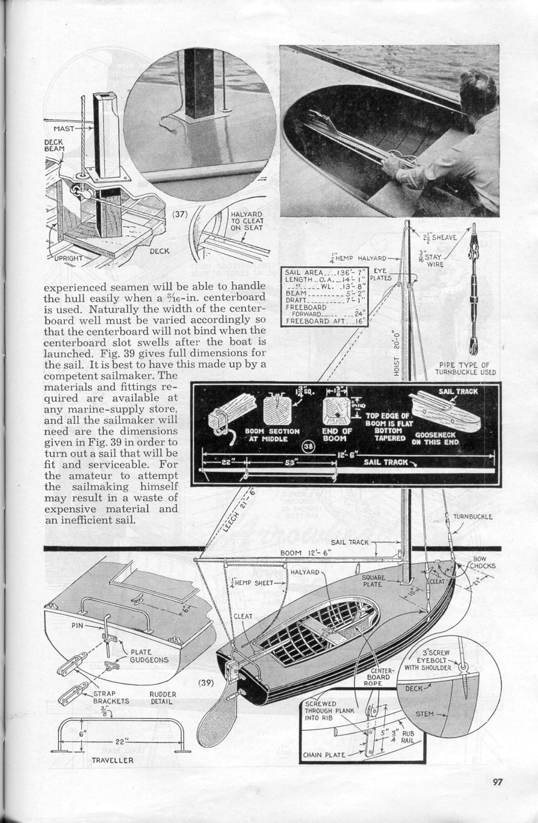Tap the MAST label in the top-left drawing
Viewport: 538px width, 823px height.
click(64, 129)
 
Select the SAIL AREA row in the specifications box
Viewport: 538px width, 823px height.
click(324, 272)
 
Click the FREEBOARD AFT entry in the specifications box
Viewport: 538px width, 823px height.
click(324, 321)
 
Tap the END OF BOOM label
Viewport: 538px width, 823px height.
click(337, 434)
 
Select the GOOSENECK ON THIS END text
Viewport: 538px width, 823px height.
click(437, 438)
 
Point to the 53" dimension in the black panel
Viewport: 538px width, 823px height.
click(290, 463)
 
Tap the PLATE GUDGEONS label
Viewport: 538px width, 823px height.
click(149, 656)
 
